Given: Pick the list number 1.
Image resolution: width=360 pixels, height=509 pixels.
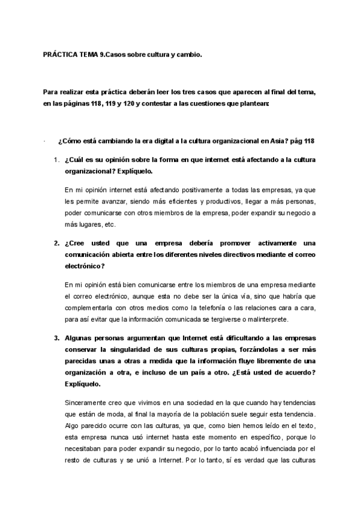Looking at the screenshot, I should click(x=56, y=160).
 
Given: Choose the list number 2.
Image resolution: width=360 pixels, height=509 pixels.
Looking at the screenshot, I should click(x=56, y=243).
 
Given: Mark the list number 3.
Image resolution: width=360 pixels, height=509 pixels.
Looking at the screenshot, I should click(x=56, y=337).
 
